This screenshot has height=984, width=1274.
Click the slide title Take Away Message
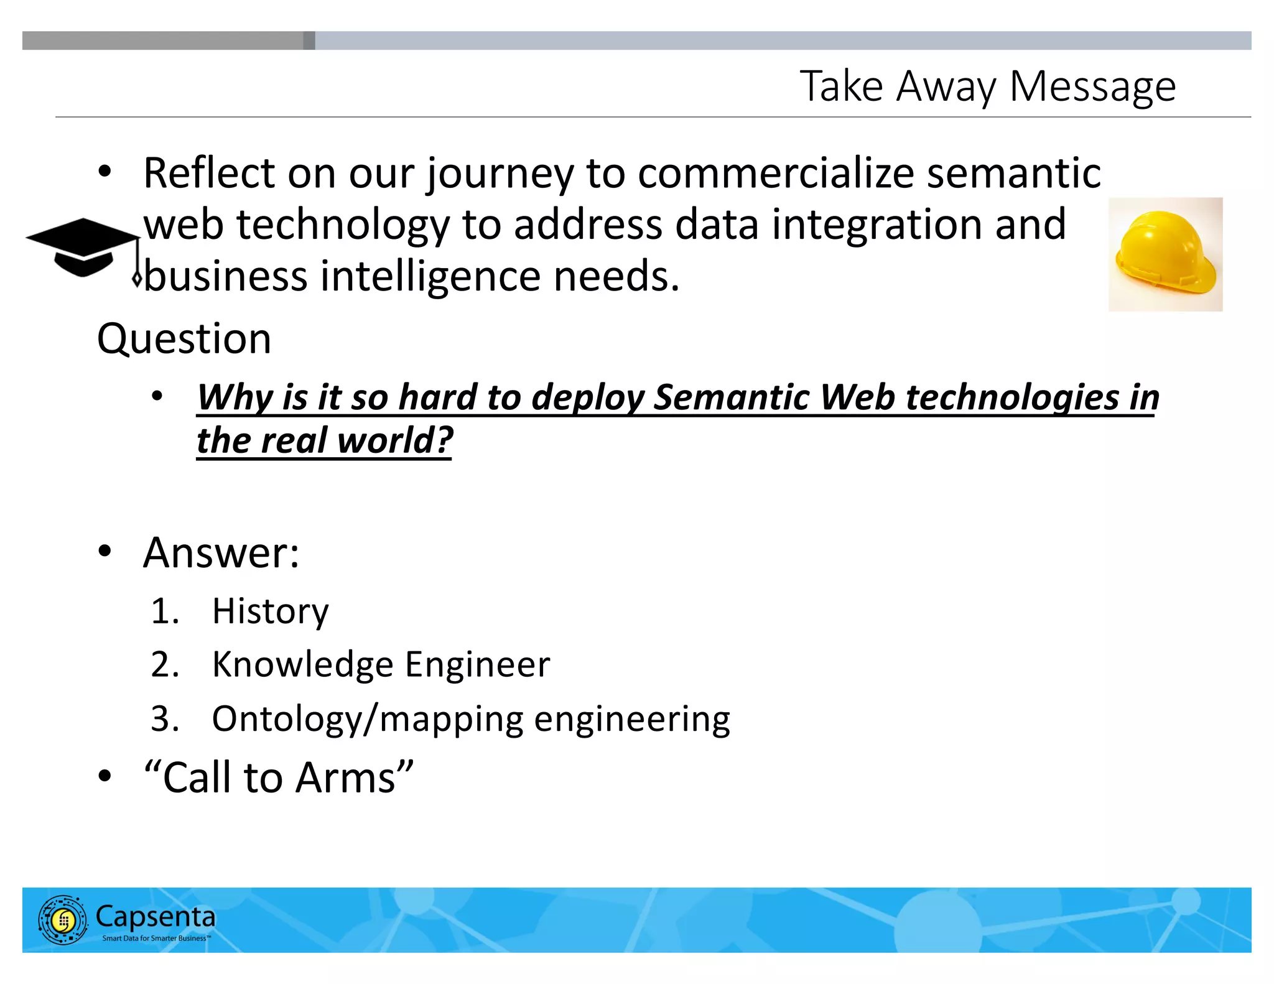(987, 86)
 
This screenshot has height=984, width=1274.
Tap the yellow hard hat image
(1165, 254)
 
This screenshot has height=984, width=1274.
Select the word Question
(184, 339)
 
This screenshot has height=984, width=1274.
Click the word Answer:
(221, 552)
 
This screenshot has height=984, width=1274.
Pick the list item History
(270, 611)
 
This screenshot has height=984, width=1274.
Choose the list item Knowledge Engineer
(381, 664)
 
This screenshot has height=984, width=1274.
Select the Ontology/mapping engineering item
(471, 719)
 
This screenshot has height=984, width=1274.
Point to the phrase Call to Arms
(279, 777)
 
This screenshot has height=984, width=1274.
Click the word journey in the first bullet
(500, 174)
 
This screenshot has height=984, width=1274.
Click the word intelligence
(430, 276)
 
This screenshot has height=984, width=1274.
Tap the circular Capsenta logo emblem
(62, 920)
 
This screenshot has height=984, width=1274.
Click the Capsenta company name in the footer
(156, 916)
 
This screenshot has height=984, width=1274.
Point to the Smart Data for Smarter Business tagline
(156, 938)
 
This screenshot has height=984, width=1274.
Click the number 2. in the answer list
(165, 664)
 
